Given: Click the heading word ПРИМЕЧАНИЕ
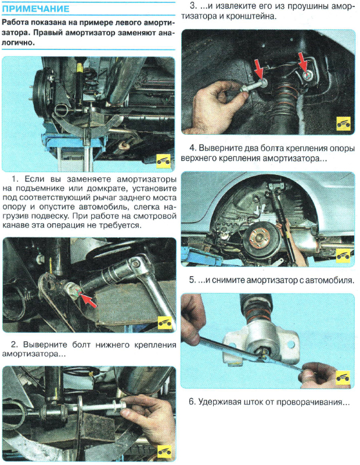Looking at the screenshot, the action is click(x=35, y=9).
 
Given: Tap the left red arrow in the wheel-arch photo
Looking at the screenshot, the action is click(x=260, y=69).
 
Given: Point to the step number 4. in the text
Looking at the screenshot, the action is click(x=193, y=148).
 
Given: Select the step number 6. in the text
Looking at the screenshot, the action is click(x=192, y=402).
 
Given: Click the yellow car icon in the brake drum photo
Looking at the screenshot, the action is click(x=163, y=162).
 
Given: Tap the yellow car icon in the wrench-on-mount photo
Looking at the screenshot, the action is click(x=343, y=378).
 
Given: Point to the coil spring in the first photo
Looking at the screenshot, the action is click(x=91, y=81).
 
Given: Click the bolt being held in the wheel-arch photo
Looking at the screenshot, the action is click(x=253, y=87).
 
